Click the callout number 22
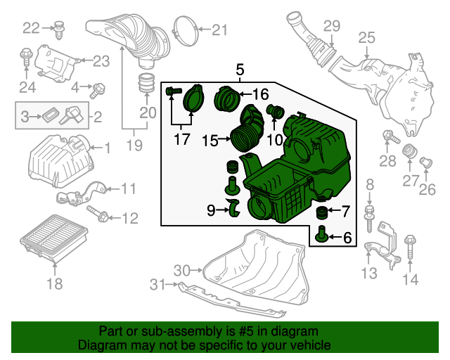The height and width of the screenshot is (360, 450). click(31, 28)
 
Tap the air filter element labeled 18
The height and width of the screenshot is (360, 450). click(54, 238)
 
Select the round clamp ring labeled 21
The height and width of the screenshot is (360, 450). click(186, 31)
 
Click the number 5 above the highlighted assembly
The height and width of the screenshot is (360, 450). click(240, 70)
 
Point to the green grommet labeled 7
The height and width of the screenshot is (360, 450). click(322, 212)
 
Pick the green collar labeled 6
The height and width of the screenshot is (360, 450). click(322, 233)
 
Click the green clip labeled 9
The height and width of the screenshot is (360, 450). click(233, 207)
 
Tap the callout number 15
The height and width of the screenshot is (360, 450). click(210, 141)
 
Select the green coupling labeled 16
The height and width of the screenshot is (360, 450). click(226, 98)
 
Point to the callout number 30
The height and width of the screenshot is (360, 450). click(181, 271)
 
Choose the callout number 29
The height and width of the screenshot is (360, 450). click(332, 26)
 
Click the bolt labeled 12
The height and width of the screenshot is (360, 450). click(98, 214)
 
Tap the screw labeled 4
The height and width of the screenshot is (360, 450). click(98, 90)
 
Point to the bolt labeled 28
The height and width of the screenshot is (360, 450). click(391, 136)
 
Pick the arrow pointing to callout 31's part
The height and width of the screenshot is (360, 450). click(172, 285)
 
